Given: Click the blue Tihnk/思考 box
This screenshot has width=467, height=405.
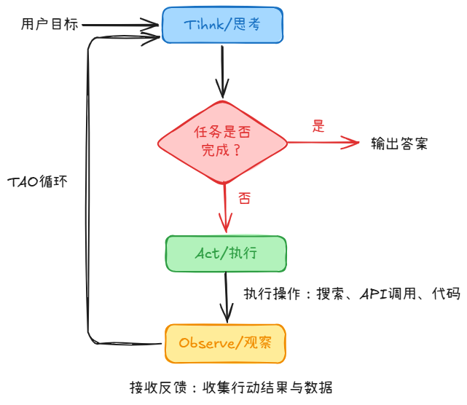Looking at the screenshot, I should pyautogui.click(x=221, y=25).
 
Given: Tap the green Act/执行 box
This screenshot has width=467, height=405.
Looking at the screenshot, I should pyautogui.click(x=226, y=253).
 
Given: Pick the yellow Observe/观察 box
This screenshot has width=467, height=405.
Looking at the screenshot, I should pyautogui.click(x=225, y=343).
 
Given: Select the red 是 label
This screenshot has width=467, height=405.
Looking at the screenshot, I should pyautogui.click(x=318, y=125).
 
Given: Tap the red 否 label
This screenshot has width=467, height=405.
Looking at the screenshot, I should pyautogui.click(x=244, y=198).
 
